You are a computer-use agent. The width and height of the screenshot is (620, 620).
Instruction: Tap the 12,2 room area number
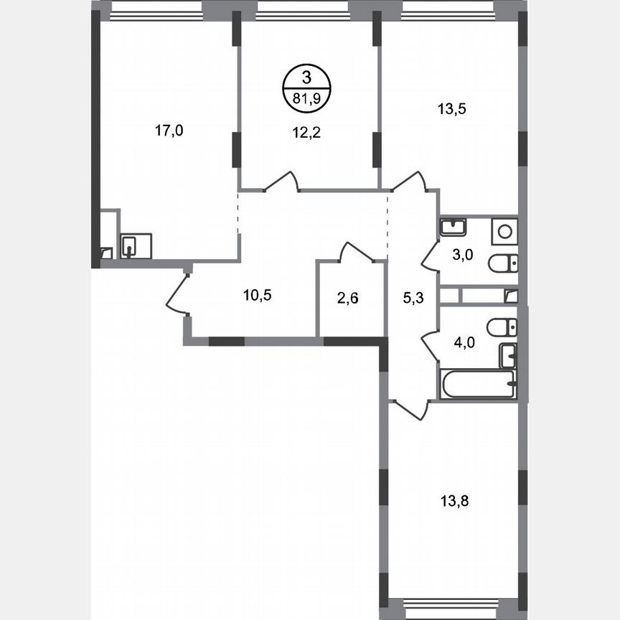(306, 131)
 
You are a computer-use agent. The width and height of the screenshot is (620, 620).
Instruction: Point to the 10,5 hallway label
(257, 294)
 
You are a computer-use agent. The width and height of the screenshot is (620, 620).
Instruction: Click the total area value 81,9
(306, 100)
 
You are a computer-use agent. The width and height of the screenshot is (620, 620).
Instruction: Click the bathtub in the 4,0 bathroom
(478, 385)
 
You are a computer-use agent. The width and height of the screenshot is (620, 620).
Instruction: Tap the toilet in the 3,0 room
(502, 264)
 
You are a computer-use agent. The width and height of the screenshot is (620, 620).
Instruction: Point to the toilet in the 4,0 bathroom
(502, 327)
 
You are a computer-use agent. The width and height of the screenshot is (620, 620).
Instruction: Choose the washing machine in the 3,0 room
(504, 231)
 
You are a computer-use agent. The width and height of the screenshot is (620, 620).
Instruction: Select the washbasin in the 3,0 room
(453, 227)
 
